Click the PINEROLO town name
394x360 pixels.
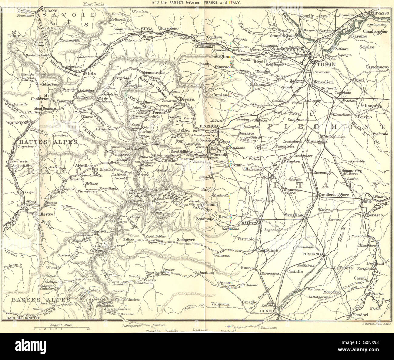[208, 127]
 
